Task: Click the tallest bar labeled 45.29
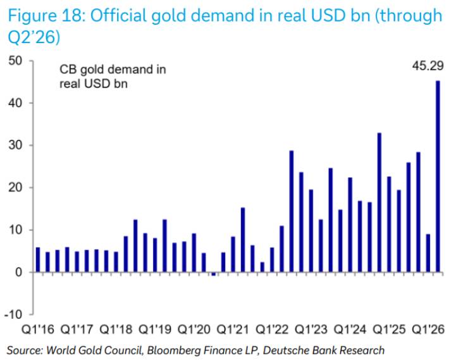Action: [438, 177]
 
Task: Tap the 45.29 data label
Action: [428, 66]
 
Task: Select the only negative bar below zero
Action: [213, 274]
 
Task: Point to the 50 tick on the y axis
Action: [15, 61]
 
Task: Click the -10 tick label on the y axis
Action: [13, 314]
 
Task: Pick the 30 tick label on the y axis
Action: [15, 146]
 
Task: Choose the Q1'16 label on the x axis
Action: [38, 330]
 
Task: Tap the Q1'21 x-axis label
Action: [233, 330]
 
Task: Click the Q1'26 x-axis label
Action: [428, 330]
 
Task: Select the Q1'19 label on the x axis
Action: [155, 330]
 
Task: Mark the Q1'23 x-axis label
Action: [311, 330]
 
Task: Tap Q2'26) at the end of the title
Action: [34, 37]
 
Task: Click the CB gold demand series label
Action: [113, 77]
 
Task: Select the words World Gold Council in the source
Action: [94, 350]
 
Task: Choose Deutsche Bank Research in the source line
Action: [324, 350]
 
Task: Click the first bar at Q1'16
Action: [38, 259]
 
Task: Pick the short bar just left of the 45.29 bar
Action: [428, 253]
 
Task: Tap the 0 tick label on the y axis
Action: [18, 272]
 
